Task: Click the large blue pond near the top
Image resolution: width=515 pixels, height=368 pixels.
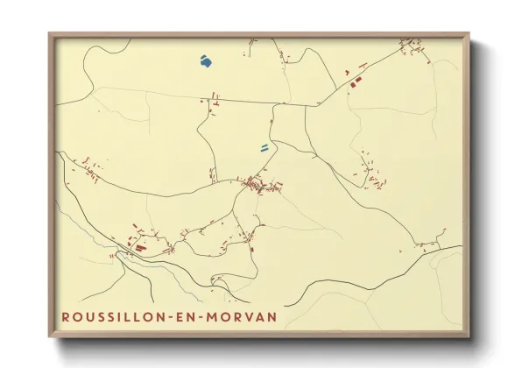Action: click(x=205, y=61)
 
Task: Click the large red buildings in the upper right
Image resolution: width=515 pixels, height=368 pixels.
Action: click(x=355, y=83)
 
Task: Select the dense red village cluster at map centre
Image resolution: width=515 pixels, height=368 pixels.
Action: click(x=258, y=184)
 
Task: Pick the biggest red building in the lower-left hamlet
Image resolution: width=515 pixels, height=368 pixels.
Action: click(x=139, y=248)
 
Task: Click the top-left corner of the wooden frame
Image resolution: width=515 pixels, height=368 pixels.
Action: click(x=49, y=34)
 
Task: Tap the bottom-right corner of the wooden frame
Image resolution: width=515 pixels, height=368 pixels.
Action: click(x=469, y=337)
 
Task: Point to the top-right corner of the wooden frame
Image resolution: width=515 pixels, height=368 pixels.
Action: click(x=469, y=34)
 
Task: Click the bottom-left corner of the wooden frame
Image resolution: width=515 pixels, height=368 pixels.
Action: click(x=49, y=337)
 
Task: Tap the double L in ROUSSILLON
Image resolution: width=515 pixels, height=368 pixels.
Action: click(x=131, y=315)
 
